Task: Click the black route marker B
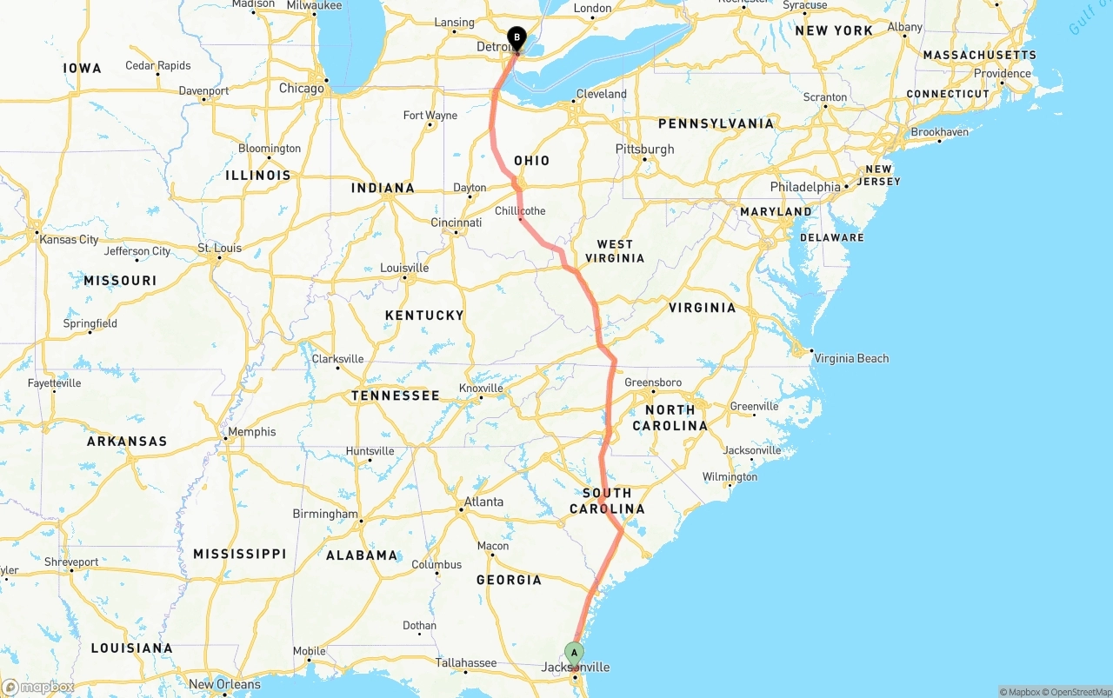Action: coord(517,38)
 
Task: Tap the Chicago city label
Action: coord(301,88)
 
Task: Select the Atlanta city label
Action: coord(483,502)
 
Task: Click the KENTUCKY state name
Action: coord(424,316)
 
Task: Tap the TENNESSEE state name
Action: coord(396,396)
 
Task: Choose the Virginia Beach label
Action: coord(851,358)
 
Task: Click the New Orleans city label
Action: coord(225,684)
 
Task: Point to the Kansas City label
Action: coord(69,239)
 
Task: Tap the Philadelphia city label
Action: coord(805,187)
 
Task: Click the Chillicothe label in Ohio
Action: coord(520,210)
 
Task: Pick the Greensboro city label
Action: coord(653,382)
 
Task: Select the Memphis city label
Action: coord(251,432)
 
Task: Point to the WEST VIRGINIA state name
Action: coord(615,250)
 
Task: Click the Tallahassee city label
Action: coord(466,662)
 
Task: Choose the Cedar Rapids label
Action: coord(157,65)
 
